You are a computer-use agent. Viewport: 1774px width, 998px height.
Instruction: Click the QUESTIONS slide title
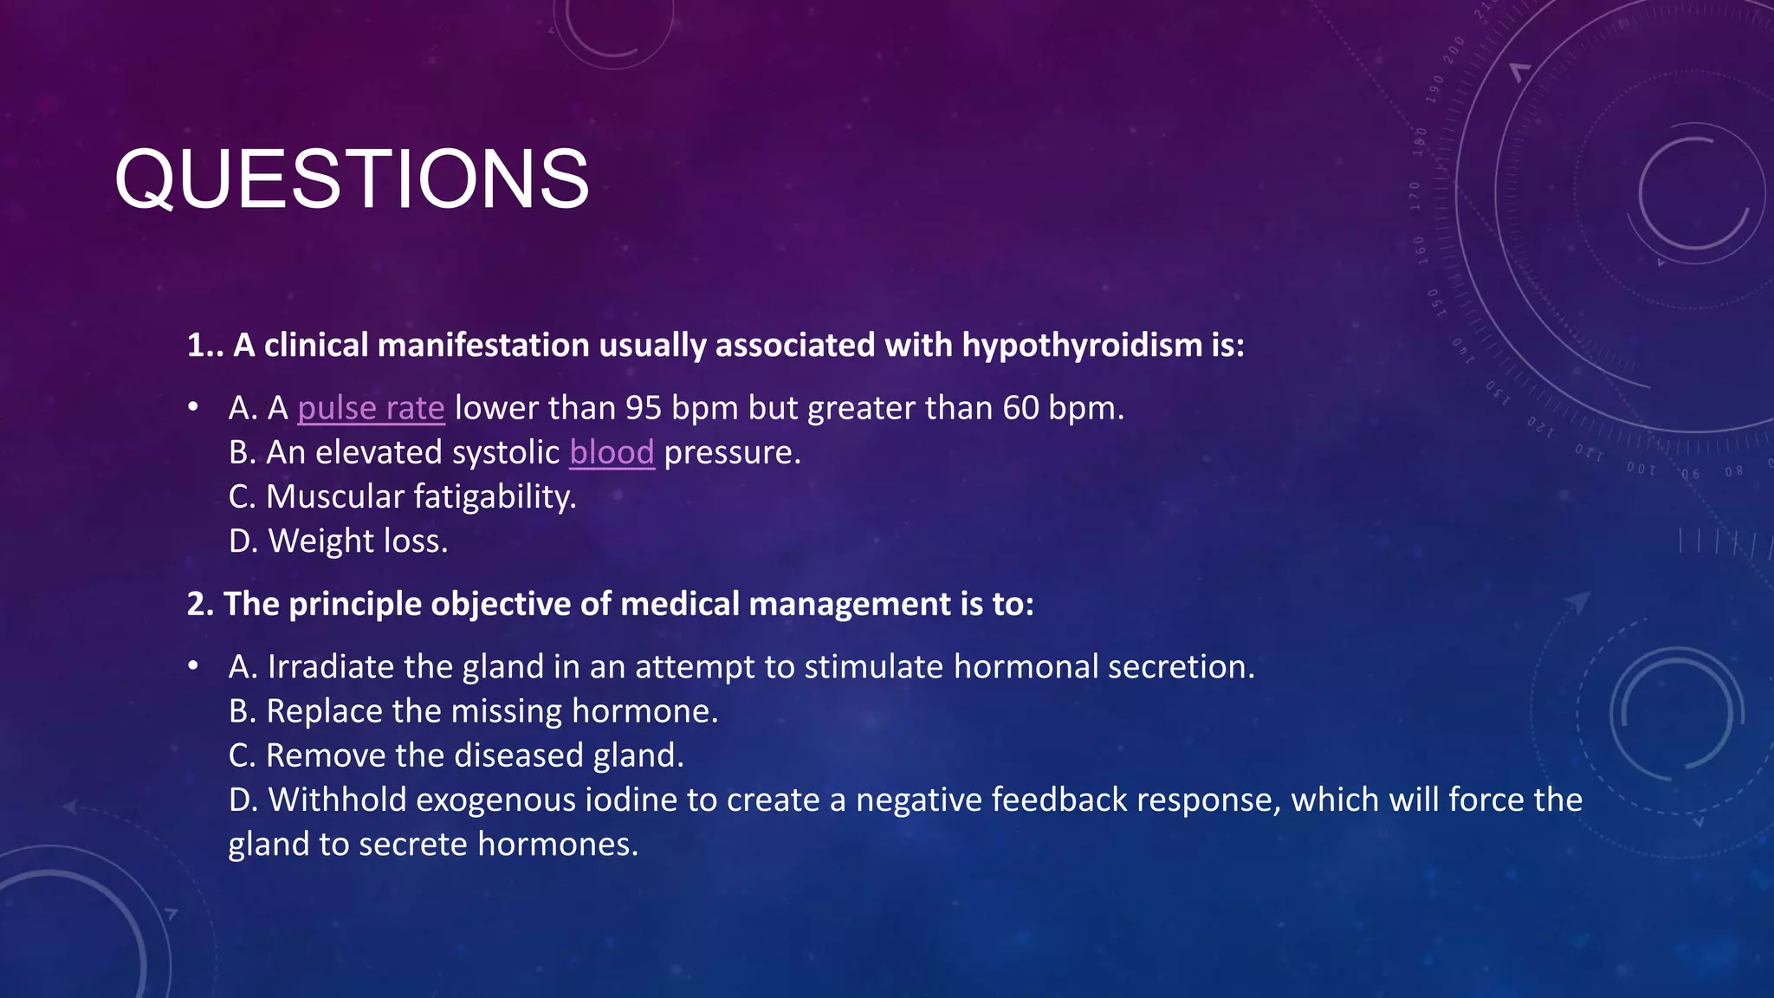(x=352, y=179)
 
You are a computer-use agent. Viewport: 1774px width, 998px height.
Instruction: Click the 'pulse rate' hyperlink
(x=371, y=408)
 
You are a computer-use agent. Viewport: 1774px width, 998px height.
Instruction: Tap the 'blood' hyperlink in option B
(x=612, y=452)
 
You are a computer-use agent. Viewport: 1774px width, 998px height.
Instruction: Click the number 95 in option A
(x=644, y=408)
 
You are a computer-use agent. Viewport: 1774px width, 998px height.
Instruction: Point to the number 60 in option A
(x=1020, y=408)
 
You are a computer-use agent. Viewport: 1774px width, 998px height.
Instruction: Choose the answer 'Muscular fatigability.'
(x=403, y=497)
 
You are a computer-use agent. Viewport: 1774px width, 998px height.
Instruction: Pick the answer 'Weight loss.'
(x=339, y=541)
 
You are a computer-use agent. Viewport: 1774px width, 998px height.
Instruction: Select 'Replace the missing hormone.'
(x=474, y=711)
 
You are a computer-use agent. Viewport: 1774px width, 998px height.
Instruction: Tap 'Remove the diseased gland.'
(x=456, y=755)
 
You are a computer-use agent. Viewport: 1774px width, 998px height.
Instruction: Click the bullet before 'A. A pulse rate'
(x=193, y=407)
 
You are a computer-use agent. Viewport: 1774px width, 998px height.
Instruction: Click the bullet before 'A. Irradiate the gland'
(x=193, y=666)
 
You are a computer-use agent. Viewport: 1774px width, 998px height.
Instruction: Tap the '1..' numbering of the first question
(x=205, y=345)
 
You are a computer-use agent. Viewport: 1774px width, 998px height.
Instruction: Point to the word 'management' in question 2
(x=849, y=604)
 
